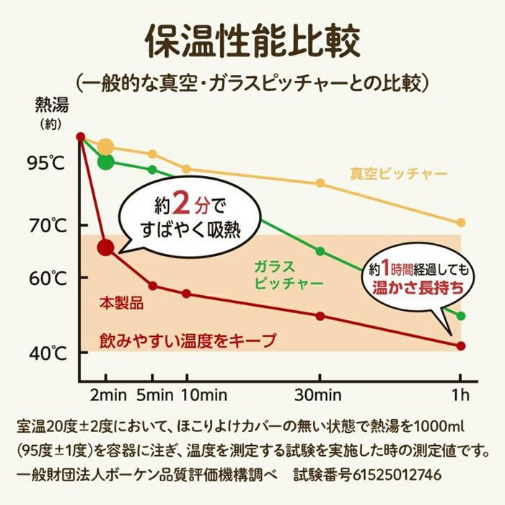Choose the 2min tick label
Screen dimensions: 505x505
coord(106,395)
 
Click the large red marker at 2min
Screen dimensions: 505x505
coord(106,247)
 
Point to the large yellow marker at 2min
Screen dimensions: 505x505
coord(106,147)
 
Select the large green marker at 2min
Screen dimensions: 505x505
coord(106,160)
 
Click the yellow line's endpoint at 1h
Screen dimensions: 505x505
coord(461,222)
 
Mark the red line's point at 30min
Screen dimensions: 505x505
coord(321,316)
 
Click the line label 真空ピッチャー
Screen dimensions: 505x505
coord(398,174)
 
